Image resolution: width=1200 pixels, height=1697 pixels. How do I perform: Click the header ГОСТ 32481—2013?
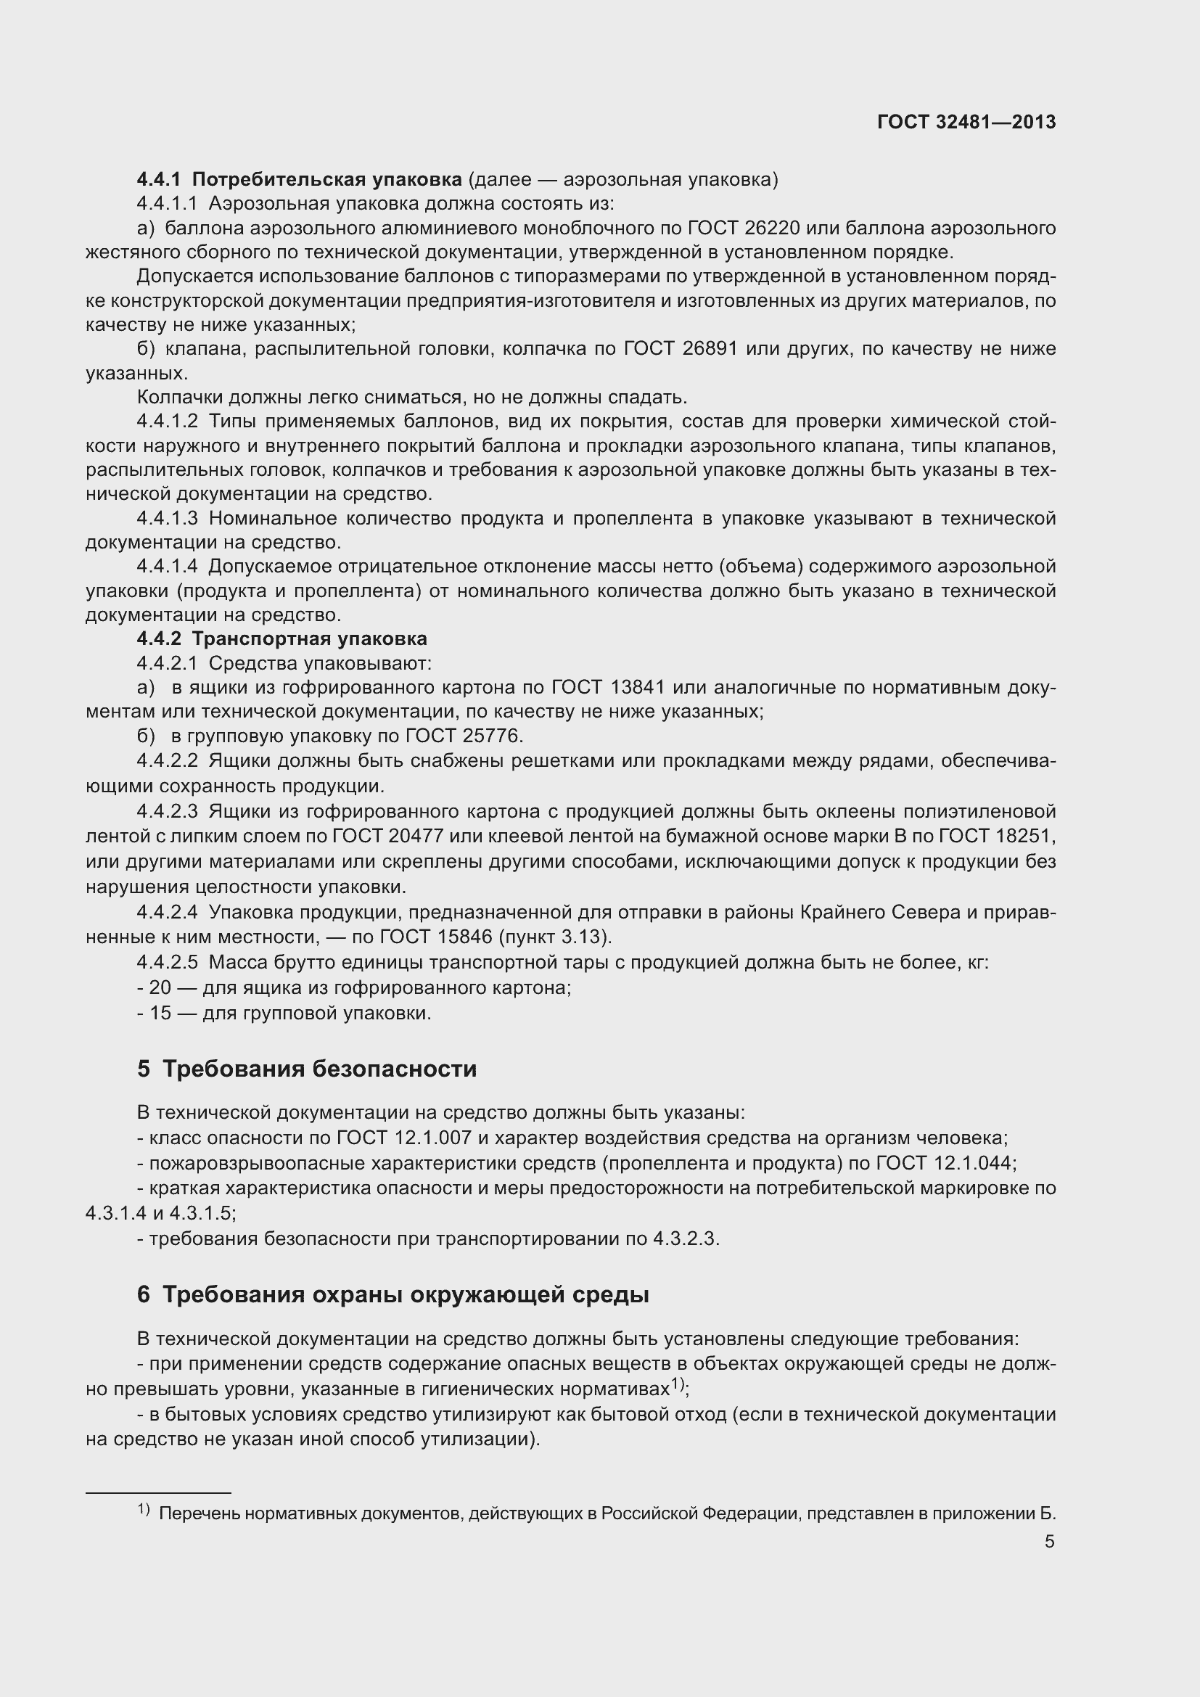coord(966,122)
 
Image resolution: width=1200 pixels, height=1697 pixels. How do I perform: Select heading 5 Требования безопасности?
coord(308,1069)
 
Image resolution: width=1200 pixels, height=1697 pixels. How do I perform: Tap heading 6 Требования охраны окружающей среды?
coord(393,1295)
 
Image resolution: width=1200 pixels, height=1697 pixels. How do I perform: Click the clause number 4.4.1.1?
coord(167,203)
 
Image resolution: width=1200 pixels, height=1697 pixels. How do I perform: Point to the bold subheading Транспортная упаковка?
coord(310,638)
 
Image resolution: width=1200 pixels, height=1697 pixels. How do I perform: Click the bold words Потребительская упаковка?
coord(326,180)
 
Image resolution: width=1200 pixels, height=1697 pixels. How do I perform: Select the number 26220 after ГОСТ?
coord(766,228)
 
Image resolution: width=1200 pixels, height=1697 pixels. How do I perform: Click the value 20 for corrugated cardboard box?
coord(160,987)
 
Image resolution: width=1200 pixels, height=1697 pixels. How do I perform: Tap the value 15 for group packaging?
coord(160,1013)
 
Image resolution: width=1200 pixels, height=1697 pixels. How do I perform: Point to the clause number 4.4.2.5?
coord(167,962)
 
